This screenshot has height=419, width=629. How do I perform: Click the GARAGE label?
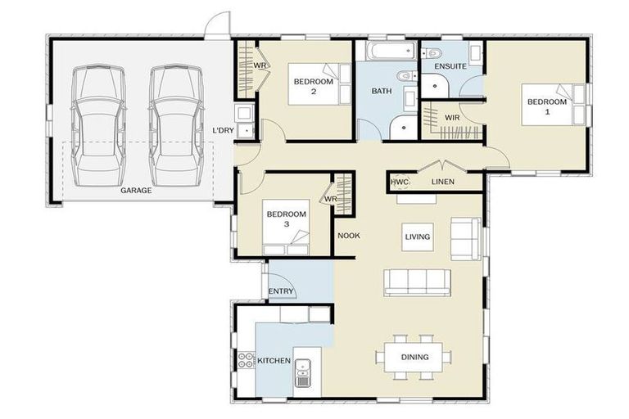(x=135, y=190)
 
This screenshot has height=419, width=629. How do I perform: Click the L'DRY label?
(x=224, y=130)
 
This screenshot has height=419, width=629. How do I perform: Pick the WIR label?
(x=451, y=118)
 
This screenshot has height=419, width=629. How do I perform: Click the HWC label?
(x=399, y=182)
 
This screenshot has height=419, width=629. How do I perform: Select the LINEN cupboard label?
(x=443, y=182)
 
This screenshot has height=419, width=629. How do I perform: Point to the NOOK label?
(x=349, y=236)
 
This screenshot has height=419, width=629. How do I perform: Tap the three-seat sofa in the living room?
(x=417, y=282)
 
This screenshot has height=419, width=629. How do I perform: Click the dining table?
(x=414, y=356)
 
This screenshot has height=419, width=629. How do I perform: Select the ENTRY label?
(x=281, y=291)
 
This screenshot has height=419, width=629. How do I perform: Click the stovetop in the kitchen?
(x=245, y=361)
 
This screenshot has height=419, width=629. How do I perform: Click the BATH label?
(x=382, y=91)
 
